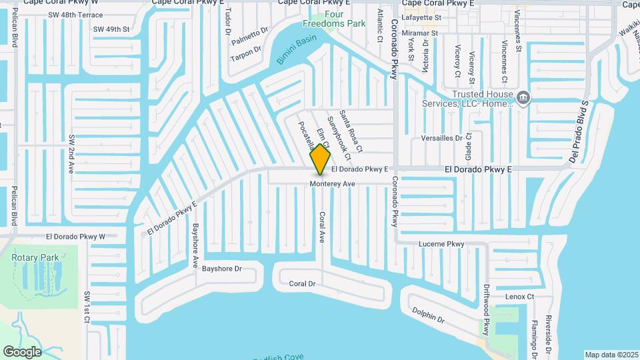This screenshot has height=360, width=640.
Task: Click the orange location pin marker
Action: [x=321, y=159]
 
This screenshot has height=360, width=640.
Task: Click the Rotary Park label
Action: [x=35, y=257]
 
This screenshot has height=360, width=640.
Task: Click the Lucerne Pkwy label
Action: [x=441, y=244]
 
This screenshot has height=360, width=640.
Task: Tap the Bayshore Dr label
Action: [x=221, y=269]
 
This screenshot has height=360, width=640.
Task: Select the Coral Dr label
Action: [x=302, y=283]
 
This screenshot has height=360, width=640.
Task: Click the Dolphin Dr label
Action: [x=428, y=315]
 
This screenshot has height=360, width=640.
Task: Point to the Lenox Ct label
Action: [x=520, y=296]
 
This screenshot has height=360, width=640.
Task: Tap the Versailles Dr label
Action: [x=441, y=138]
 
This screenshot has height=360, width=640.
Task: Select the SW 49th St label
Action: [x=111, y=29]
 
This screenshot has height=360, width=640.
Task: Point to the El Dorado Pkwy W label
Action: [x=75, y=236]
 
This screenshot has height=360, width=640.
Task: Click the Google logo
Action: [x=22, y=351]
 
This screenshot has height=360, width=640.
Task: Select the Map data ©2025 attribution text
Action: [x=611, y=355]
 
